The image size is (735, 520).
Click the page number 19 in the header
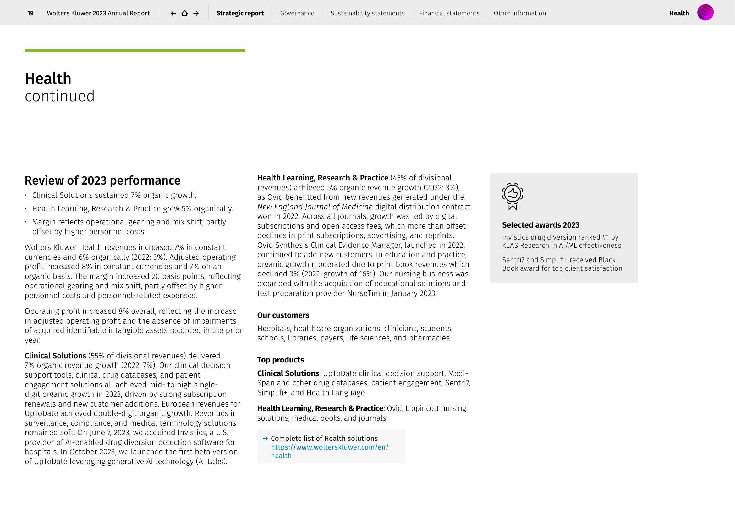[30, 13]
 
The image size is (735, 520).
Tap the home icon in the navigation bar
[185, 13]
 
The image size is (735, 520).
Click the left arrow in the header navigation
[173, 13]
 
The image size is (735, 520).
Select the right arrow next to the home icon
[196, 13]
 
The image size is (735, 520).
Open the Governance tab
[297, 13]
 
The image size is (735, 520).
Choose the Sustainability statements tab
[368, 13]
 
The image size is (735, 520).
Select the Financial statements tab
[449, 13]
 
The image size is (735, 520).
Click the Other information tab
[519, 13]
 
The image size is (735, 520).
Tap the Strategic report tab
[240, 13]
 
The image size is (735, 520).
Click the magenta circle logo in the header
[705, 13]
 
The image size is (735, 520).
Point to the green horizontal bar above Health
[135, 51]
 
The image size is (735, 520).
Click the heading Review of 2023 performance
[102, 180]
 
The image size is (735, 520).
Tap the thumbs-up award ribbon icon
[513, 196]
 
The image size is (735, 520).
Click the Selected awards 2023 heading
[541, 225]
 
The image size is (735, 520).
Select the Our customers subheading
[283, 315]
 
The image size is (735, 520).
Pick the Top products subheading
[280, 360]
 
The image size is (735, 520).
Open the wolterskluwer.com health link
[329, 447]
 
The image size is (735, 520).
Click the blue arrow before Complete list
[265, 438]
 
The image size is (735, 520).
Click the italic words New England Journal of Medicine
[315, 207]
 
